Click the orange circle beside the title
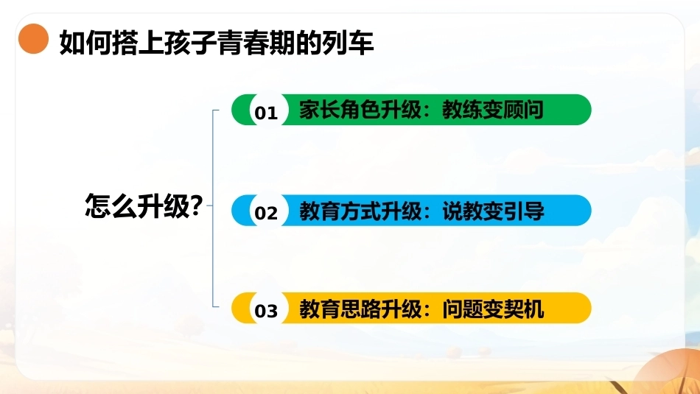(x=33, y=39)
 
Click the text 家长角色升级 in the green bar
(x=360, y=110)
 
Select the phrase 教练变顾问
(x=493, y=110)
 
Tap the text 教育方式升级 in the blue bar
(x=360, y=211)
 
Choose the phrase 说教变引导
(x=493, y=211)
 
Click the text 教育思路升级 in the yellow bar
(x=360, y=309)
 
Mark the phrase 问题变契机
(x=493, y=309)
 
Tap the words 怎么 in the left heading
(x=111, y=205)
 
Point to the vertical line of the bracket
(x=213, y=208)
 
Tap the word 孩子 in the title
(x=191, y=43)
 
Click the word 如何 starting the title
(x=85, y=43)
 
